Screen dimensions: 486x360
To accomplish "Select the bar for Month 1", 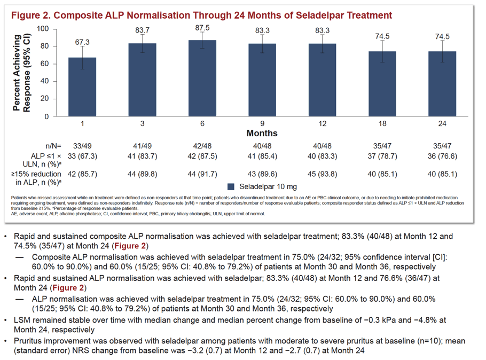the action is [82, 87].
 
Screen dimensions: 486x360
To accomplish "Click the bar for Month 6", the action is [202, 78].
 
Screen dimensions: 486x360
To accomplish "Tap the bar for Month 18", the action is [382, 84].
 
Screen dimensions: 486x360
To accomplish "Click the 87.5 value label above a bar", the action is [202, 28].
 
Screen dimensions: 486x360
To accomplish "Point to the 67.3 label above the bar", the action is [82, 42].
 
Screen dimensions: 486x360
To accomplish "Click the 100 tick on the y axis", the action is [43, 29].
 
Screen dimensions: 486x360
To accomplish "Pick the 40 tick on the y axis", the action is [45, 81].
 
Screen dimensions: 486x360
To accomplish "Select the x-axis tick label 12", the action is [323, 124].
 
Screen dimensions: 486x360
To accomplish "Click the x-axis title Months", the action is [262, 134].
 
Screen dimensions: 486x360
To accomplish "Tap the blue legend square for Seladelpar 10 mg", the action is [231, 186].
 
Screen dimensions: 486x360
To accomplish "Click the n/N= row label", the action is [53, 146].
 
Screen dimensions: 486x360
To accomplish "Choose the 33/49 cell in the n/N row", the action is [82, 146].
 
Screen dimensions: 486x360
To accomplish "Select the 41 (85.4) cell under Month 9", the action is [262, 156].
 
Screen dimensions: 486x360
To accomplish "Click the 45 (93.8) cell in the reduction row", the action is [323, 174].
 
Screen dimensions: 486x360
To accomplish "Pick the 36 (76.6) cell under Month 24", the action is [442, 156].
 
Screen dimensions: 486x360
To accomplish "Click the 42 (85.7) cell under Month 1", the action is [82, 174].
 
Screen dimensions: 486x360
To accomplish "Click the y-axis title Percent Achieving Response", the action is [21, 73].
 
